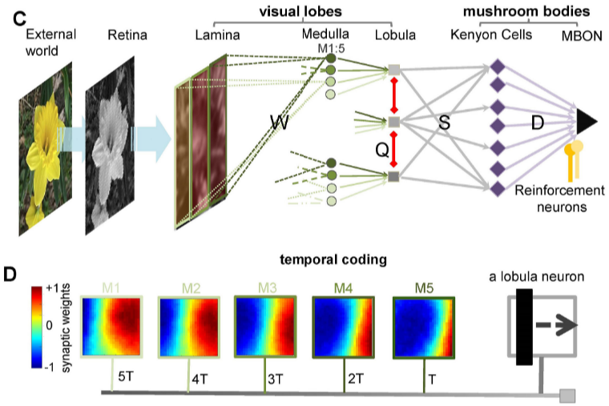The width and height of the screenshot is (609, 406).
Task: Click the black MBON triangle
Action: pos(585,122)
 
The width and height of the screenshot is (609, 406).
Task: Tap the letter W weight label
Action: pos(280,123)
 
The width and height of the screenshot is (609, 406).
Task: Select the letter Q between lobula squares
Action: pos(381,150)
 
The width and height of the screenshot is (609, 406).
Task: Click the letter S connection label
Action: pos(444,123)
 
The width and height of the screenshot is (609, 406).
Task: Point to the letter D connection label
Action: pos(537,123)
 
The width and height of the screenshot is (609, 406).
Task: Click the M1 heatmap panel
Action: pos(111,326)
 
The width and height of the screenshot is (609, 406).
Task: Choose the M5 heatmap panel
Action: pos(423,328)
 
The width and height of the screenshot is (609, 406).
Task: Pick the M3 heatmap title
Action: pos(267,288)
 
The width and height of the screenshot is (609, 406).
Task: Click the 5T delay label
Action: pos(126,376)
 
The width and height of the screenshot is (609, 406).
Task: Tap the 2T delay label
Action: pos(356,378)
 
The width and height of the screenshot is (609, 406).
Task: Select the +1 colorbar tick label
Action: pos(52,288)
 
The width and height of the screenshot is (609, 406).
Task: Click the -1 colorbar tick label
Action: pos(50,367)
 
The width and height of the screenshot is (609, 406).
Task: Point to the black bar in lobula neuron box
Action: pos(524,327)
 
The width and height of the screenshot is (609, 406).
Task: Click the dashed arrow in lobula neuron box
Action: pos(557,325)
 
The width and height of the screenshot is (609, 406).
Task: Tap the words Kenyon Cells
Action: pos(491,35)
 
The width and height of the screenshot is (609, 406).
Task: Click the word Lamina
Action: pos(217,35)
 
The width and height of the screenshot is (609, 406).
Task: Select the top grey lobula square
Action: pos(393,70)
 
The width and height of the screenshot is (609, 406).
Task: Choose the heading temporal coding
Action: pos(333,259)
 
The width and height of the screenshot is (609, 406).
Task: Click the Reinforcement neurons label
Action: pos(559,199)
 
